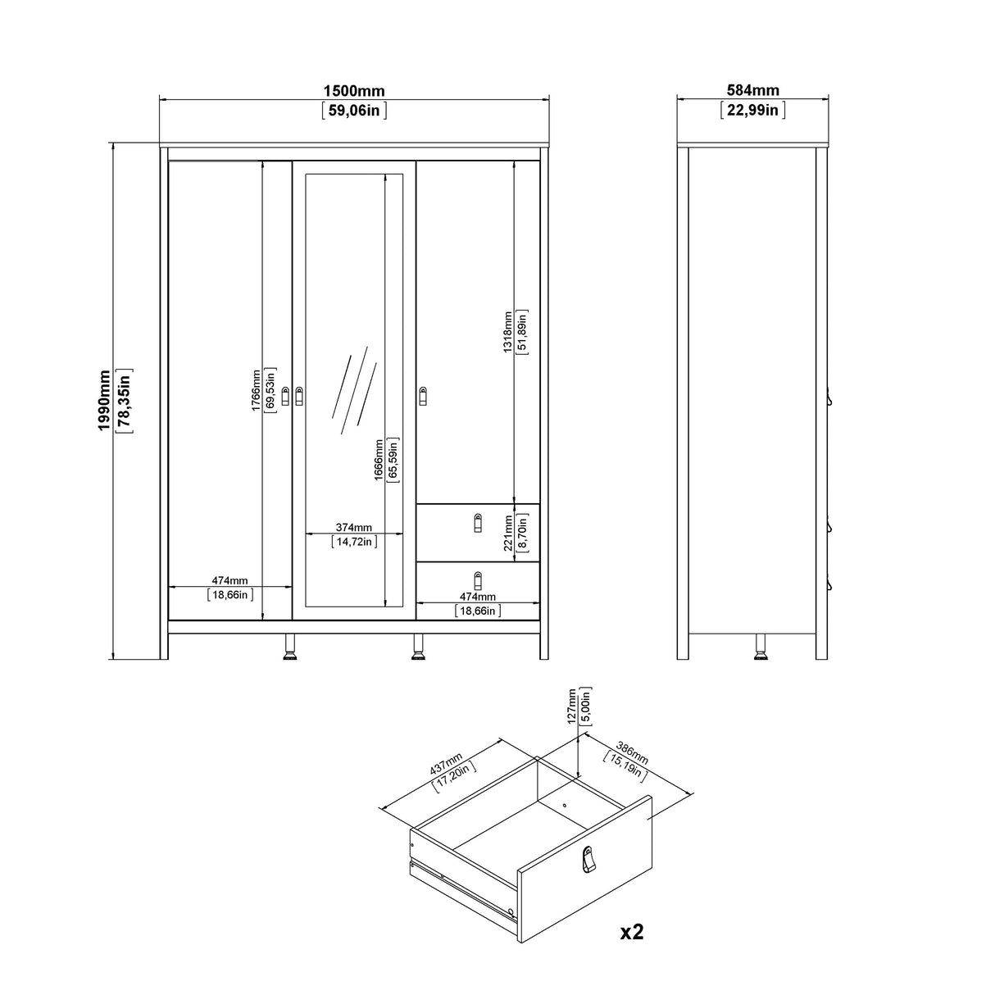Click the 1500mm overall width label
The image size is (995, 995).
point(354,91)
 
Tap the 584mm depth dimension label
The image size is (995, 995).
point(752,91)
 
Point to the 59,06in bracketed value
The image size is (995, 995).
point(354,111)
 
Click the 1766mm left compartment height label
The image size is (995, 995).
point(256,389)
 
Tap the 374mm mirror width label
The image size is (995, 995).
point(354,527)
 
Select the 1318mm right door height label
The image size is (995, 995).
point(507,331)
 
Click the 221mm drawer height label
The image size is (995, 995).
point(507,532)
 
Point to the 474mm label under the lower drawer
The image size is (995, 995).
point(478,597)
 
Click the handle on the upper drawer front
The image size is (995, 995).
point(479,523)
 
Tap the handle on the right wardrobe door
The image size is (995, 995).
point(424,396)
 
